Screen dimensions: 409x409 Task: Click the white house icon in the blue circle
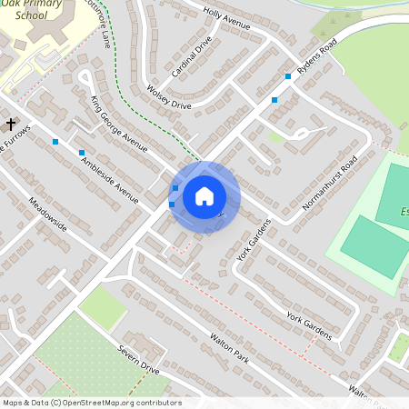[x=204, y=196]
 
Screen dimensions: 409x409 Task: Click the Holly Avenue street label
[x=225, y=20]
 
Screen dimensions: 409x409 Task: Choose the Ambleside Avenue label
[x=109, y=176]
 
